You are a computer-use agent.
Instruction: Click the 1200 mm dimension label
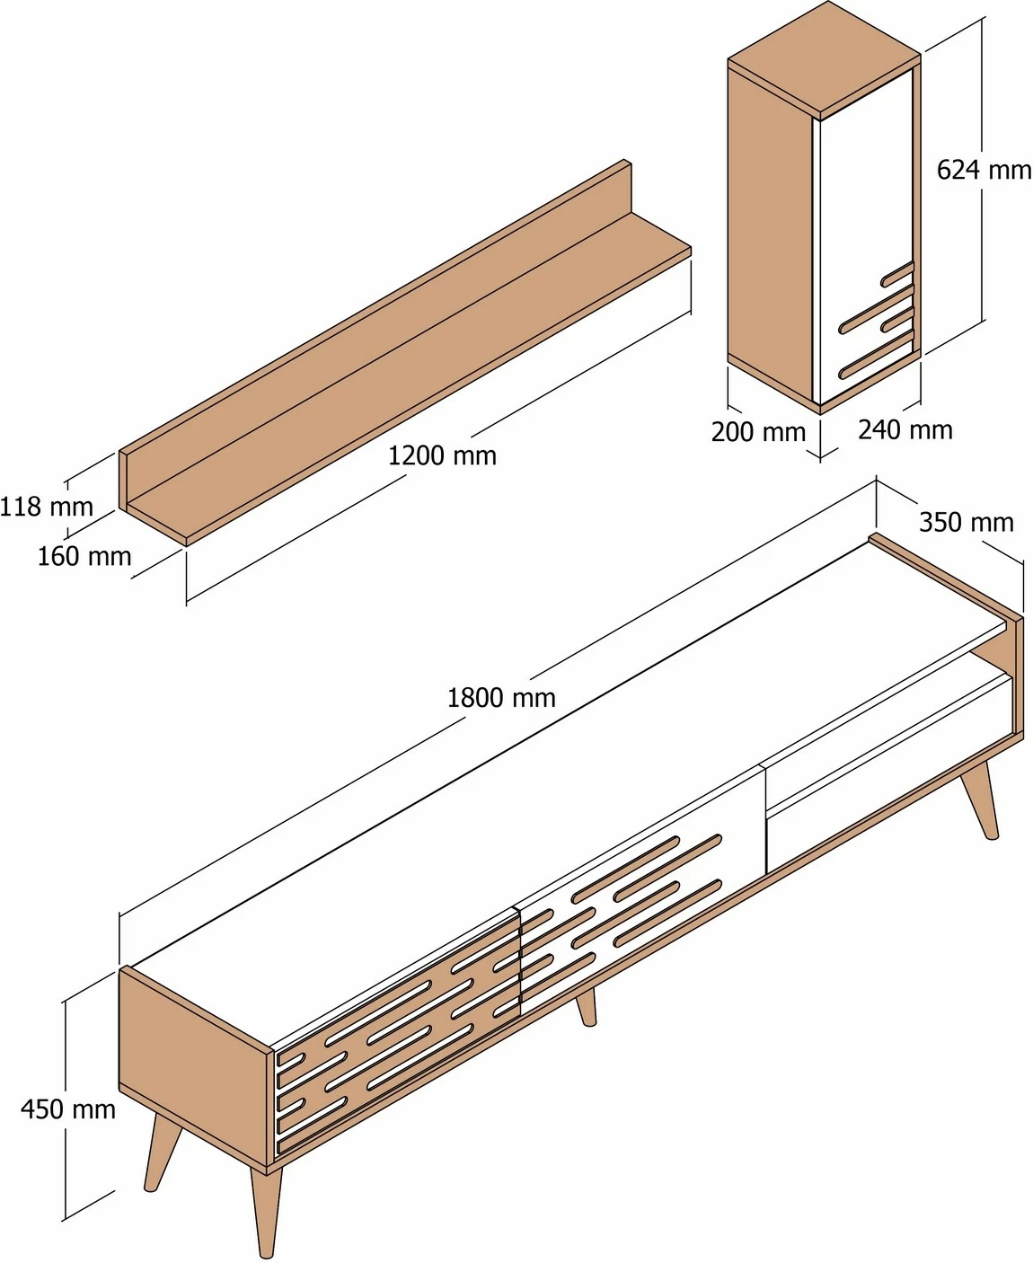[x=443, y=456]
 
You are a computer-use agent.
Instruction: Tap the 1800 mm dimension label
[x=502, y=698]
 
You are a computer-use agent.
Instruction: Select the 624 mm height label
[x=984, y=170]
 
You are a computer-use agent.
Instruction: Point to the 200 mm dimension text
[x=758, y=432]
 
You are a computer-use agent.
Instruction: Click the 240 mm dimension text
[x=905, y=430]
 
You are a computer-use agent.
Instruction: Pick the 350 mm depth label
[x=967, y=522]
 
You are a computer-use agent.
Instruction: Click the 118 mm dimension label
[x=47, y=507]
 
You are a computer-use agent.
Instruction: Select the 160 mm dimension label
[x=84, y=556]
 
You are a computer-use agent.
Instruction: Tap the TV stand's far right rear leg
[x=981, y=799]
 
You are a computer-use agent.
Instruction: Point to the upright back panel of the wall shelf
[x=375, y=306]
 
